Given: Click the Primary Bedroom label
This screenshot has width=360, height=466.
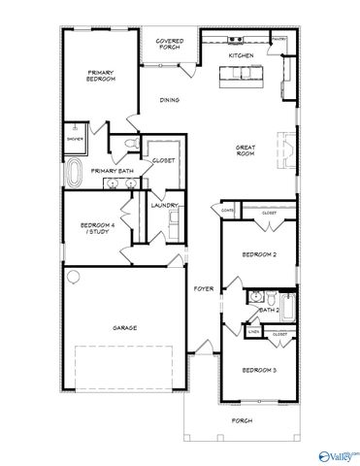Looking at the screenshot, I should click(101, 76).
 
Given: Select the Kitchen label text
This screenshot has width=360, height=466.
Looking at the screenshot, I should click(241, 56).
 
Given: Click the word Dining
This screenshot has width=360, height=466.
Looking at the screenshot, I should click(169, 100).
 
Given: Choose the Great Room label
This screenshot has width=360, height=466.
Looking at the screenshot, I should click(245, 150).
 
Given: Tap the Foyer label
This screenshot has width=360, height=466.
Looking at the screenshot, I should click(203, 288).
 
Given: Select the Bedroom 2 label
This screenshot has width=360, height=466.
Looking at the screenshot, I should click(260, 254).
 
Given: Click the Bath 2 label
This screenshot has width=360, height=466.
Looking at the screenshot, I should click(269, 310).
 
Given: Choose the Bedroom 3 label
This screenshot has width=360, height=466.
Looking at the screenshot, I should click(260, 371).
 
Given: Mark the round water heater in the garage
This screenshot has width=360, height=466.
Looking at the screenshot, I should click(72, 276).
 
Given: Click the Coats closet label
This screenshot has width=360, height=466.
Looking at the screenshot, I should click(228, 209).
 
